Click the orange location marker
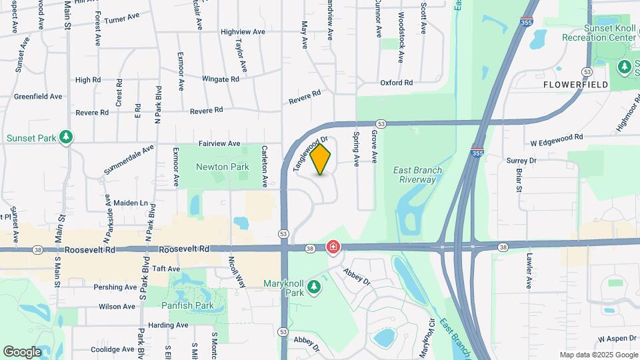[x=321, y=159]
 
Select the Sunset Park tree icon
[x=66, y=137]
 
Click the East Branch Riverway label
[x=418, y=175]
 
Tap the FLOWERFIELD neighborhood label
[x=575, y=85]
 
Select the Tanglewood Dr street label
[x=311, y=154]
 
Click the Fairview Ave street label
[x=219, y=143]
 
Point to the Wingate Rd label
[x=220, y=79]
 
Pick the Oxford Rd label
[x=397, y=83]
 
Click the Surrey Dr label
[x=521, y=161]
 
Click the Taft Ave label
[x=166, y=269]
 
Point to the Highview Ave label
[x=243, y=31]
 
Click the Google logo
[x=22, y=351]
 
